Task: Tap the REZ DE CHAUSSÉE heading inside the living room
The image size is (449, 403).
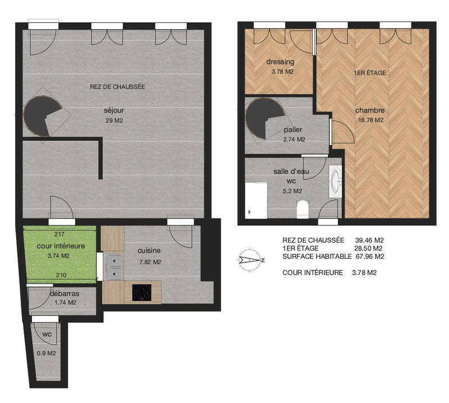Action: click(x=117, y=87)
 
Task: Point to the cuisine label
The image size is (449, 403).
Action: click(x=149, y=251)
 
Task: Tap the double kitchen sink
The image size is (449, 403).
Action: click(x=113, y=266)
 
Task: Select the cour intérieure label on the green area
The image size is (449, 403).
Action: click(x=61, y=247)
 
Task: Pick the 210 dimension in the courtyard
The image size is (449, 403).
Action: click(x=61, y=275)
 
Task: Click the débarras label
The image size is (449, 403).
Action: click(x=64, y=293)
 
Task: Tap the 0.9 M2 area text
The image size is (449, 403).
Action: click(x=46, y=353)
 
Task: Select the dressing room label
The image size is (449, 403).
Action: click(x=280, y=62)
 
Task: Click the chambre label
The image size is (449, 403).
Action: click(x=369, y=110)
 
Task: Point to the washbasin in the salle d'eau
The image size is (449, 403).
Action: click(x=336, y=181)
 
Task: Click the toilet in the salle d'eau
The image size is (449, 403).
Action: click(x=302, y=209)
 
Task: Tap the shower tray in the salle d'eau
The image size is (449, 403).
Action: click(x=256, y=200)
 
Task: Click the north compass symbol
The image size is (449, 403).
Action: click(x=250, y=260)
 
